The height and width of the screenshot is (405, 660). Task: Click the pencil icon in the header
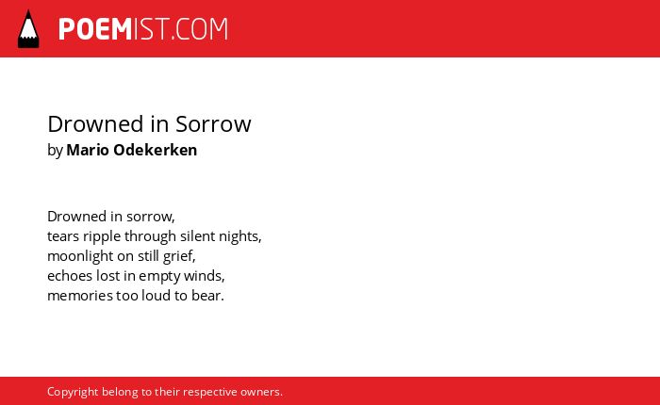28,28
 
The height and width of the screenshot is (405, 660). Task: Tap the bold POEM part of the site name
95,29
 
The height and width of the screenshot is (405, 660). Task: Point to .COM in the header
200,29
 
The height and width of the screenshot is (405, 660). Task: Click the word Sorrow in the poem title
213,124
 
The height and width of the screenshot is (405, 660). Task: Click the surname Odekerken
156,150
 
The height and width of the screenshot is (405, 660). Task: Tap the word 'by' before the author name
55,151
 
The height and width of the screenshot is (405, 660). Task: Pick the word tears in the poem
63,236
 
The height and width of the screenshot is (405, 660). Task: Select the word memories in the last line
80,296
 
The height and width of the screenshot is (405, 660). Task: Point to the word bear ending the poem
207,295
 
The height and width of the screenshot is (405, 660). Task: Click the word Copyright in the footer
73,392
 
